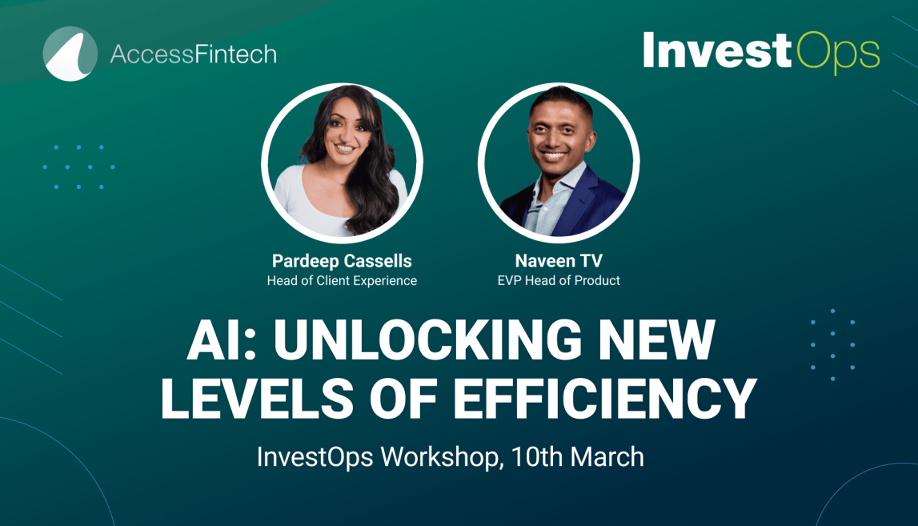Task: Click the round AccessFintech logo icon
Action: (x=70, y=54)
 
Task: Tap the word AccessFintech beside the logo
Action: (x=193, y=54)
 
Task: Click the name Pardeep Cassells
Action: (x=342, y=261)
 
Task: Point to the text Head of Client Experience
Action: (x=342, y=280)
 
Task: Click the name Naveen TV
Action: (x=559, y=261)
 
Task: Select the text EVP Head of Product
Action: (x=559, y=280)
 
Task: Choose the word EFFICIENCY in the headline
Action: (x=615, y=398)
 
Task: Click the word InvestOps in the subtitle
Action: (x=315, y=457)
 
